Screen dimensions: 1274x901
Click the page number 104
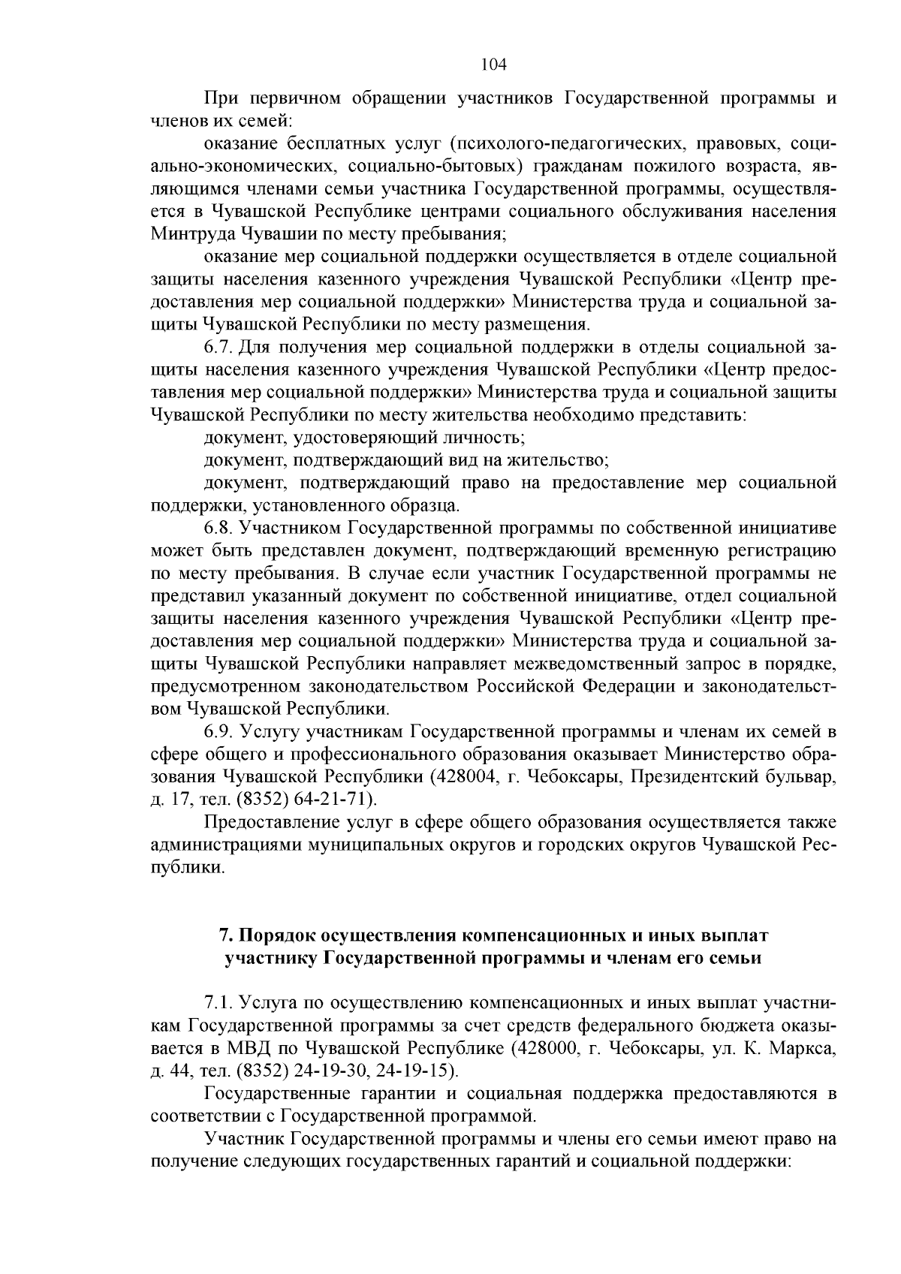click(493, 65)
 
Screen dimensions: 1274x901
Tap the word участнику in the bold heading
click(271, 959)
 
